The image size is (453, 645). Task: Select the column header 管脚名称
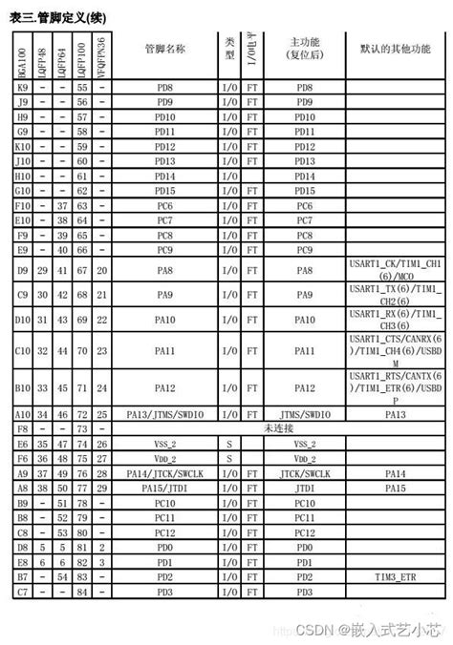point(164,48)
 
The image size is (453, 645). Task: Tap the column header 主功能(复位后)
point(303,48)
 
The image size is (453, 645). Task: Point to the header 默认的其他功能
point(395,48)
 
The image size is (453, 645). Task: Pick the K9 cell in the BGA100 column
point(23,87)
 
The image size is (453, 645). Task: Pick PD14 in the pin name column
point(164,177)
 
